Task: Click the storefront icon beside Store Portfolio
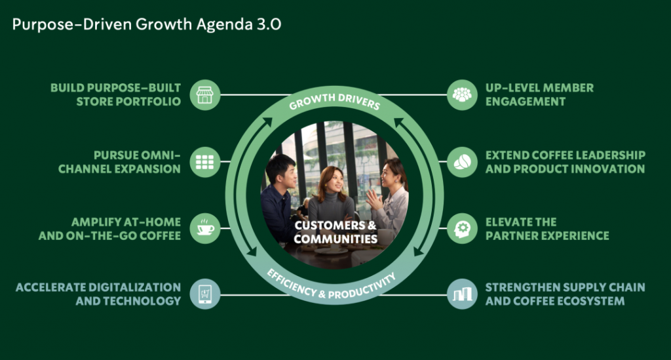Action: pyautogui.click(x=205, y=95)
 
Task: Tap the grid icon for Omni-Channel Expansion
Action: pyautogui.click(x=205, y=162)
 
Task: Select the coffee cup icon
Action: pyautogui.click(x=205, y=229)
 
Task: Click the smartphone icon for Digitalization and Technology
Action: pyautogui.click(x=205, y=294)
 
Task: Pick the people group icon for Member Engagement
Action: pyautogui.click(x=462, y=95)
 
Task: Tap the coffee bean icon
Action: pyautogui.click(x=462, y=162)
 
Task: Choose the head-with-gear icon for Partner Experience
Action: pyautogui.click(x=462, y=229)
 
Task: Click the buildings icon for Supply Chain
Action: pyautogui.click(x=462, y=294)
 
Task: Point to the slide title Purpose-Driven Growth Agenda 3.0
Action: pyautogui.click(x=147, y=24)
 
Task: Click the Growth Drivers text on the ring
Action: pyautogui.click(x=335, y=100)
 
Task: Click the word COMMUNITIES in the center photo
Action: pyautogui.click(x=335, y=239)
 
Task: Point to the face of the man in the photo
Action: pyautogui.click(x=286, y=176)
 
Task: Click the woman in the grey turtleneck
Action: pyautogui.click(x=332, y=197)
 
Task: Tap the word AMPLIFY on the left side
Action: pyautogui.click(x=90, y=222)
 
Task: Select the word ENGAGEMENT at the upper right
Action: pyautogui.click(x=526, y=102)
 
